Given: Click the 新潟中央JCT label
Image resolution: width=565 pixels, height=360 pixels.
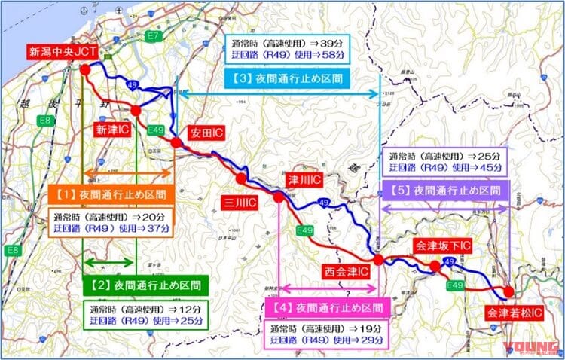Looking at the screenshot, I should (63, 52).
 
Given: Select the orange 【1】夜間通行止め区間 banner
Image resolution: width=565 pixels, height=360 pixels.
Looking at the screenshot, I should (109, 194).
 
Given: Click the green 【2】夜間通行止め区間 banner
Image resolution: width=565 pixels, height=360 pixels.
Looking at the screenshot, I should (144, 285).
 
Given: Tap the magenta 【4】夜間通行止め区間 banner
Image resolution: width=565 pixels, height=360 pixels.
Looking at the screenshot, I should (325, 307).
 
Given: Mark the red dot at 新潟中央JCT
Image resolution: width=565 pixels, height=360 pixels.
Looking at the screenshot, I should (85, 69).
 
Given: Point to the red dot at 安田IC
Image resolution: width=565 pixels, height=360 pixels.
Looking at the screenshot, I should (176, 142).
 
